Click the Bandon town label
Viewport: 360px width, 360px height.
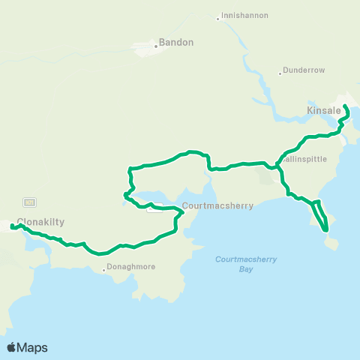(x=176, y=43)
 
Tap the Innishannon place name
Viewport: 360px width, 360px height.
(x=244, y=15)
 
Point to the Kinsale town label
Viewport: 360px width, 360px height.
(x=324, y=111)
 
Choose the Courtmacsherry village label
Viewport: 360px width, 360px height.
(x=217, y=205)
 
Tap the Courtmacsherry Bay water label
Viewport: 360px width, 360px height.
(x=246, y=264)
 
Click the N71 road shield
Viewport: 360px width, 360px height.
(x=30, y=202)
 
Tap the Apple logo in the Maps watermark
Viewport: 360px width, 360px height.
(x=12, y=347)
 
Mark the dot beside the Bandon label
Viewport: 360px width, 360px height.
(x=156, y=46)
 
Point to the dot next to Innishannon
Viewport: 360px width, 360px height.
(x=217, y=18)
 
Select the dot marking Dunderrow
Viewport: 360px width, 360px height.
(x=280, y=73)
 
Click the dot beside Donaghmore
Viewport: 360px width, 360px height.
(x=104, y=268)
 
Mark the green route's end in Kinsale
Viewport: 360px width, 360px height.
(x=344, y=106)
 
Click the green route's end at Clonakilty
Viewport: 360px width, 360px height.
(x=12, y=226)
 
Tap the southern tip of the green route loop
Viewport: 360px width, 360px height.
(x=326, y=230)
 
